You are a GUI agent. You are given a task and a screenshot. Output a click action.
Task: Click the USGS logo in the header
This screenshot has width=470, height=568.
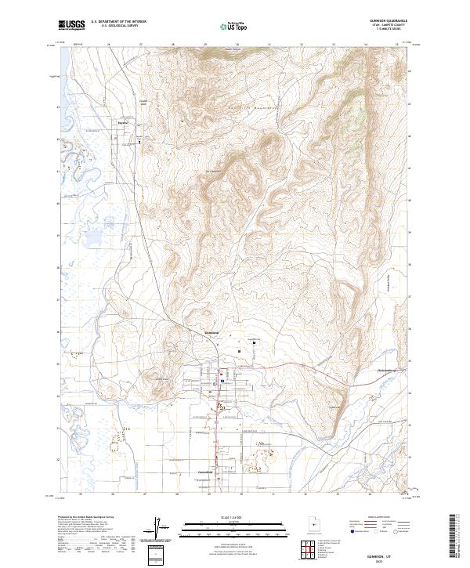(x=71, y=25)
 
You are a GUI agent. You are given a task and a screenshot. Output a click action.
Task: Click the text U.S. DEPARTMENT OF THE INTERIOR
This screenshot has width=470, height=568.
(x=118, y=22)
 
